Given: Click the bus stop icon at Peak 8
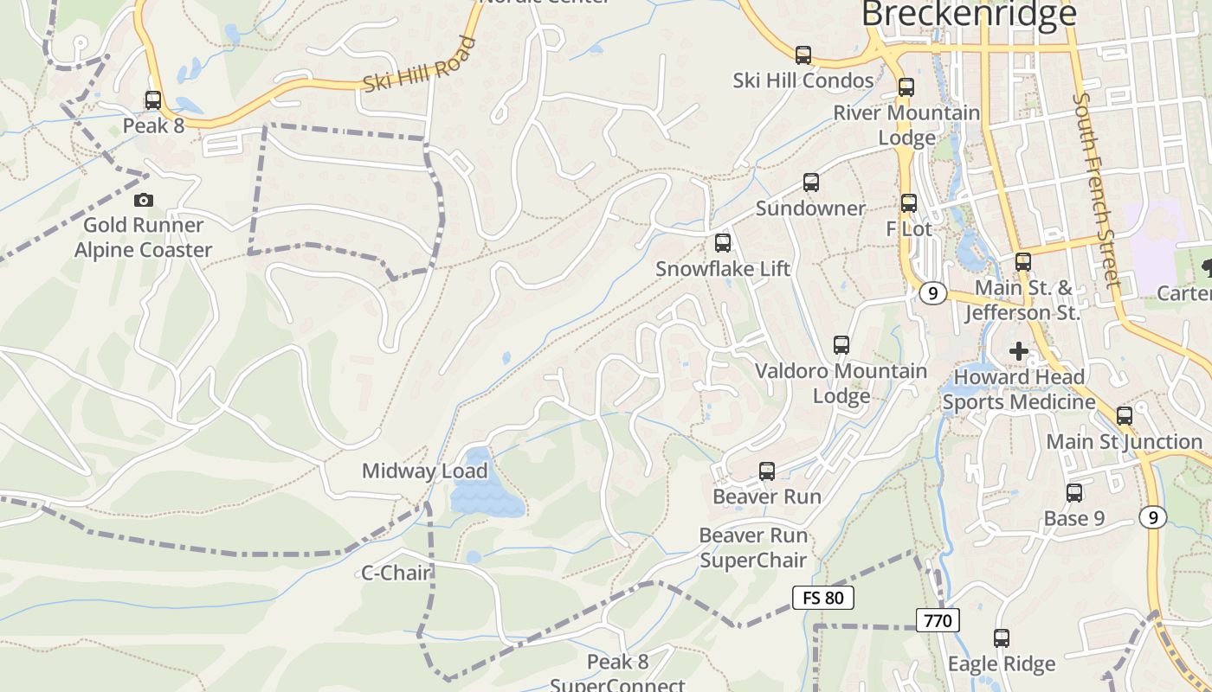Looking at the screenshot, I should pos(153,100).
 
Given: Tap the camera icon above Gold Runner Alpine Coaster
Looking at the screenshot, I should pos(144,201).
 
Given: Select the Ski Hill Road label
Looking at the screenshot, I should pos(420,66).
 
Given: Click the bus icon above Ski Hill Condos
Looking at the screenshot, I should pos(803,55).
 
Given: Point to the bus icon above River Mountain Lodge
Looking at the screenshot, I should pos(906,87).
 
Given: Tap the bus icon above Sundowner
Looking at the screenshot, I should pos(811,183).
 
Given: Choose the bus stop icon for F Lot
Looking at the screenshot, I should pos(909,203).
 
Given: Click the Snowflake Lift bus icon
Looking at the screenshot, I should pos(723,243).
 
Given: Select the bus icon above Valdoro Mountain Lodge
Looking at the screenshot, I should pos(841,345).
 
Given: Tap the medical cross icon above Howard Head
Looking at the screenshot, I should pos(1019,351).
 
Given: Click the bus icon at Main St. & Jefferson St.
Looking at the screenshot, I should pos(1023,261).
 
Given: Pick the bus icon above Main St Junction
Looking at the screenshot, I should pos(1125,416).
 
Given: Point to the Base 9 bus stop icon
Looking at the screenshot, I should pos(1074,493).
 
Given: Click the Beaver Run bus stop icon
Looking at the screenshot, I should pos(767,471).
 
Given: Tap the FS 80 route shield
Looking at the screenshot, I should pos(823,597).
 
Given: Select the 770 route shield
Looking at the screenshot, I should pos(938,620).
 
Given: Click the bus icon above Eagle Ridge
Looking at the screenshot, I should pos(1002,638).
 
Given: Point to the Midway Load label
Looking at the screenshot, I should pos(425,471).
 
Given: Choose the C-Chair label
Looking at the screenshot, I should pos(396,573).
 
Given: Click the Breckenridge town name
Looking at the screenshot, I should pos(970,14).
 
